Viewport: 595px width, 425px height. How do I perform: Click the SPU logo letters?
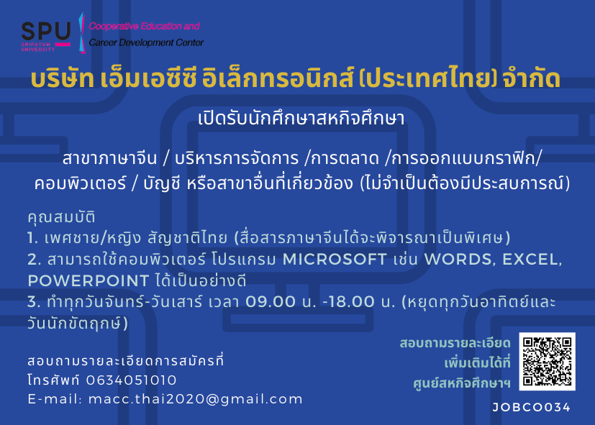46,31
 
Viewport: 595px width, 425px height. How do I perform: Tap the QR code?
548,361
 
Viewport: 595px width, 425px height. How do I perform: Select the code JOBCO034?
531,408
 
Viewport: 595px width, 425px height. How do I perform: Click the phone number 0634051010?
131,380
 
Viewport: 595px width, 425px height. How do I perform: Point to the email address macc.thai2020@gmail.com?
196,399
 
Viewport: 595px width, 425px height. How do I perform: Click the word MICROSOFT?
335,260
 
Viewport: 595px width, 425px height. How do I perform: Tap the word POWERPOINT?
88,281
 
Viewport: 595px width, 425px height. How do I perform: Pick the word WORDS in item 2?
460,260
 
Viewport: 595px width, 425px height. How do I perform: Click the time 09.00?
271,302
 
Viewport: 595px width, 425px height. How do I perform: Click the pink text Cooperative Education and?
144,26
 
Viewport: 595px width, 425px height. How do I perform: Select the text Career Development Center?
146,42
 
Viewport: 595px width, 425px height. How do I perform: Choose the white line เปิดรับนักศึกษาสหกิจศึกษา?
301,118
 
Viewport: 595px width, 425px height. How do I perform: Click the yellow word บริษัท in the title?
63,78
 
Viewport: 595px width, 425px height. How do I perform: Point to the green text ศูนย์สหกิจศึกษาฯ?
462,383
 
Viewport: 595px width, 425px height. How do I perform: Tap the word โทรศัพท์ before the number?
54,380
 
